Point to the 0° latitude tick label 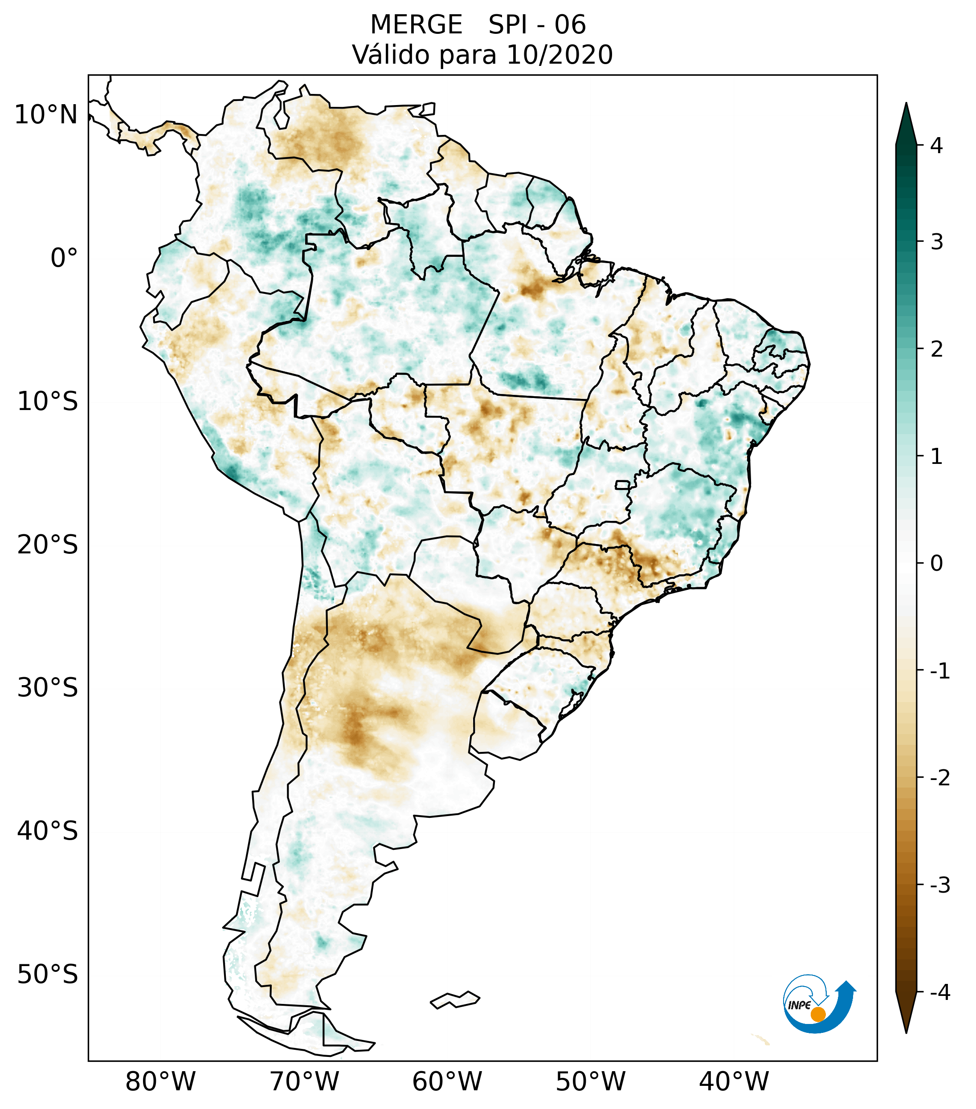(x=64, y=258)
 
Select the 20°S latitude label (x=48, y=545)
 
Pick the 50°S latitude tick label (x=48, y=975)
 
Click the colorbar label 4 (x=936, y=146)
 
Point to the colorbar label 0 (x=936, y=563)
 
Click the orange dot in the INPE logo (x=818, y=1014)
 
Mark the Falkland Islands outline (x=455, y=999)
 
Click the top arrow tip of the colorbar (x=906, y=105)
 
